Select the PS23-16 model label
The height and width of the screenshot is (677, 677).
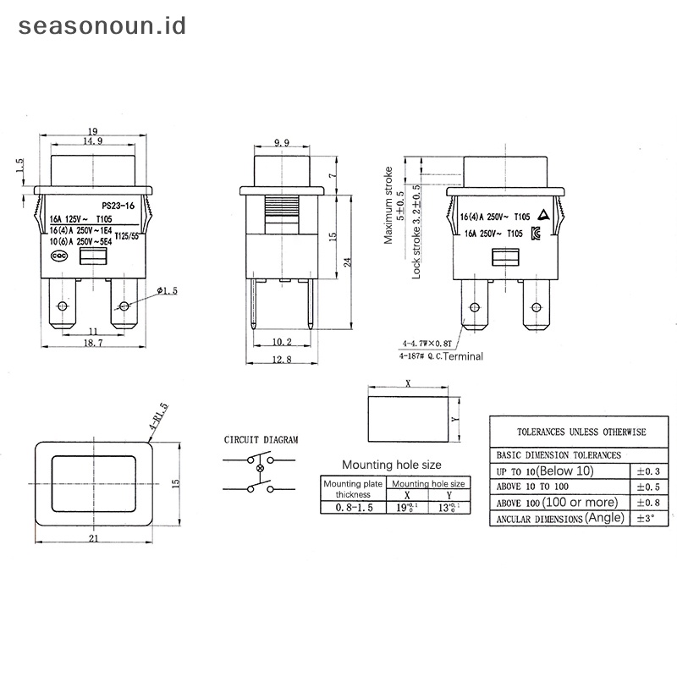point(118,206)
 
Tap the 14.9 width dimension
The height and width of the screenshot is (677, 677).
point(94,141)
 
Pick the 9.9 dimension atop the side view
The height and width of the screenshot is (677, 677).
point(282,142)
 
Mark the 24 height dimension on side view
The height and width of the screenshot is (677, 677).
point(346,263)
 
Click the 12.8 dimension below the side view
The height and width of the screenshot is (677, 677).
point(282,360)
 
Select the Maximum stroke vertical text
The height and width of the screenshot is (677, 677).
point(389,206)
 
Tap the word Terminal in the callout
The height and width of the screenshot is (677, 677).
point(462,356)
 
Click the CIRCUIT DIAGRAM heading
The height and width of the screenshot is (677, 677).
point(261,440)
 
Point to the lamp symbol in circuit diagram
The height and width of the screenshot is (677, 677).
point(260,468)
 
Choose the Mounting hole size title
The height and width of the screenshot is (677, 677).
point(391,465)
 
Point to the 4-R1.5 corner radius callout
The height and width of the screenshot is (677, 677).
point(158,417)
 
